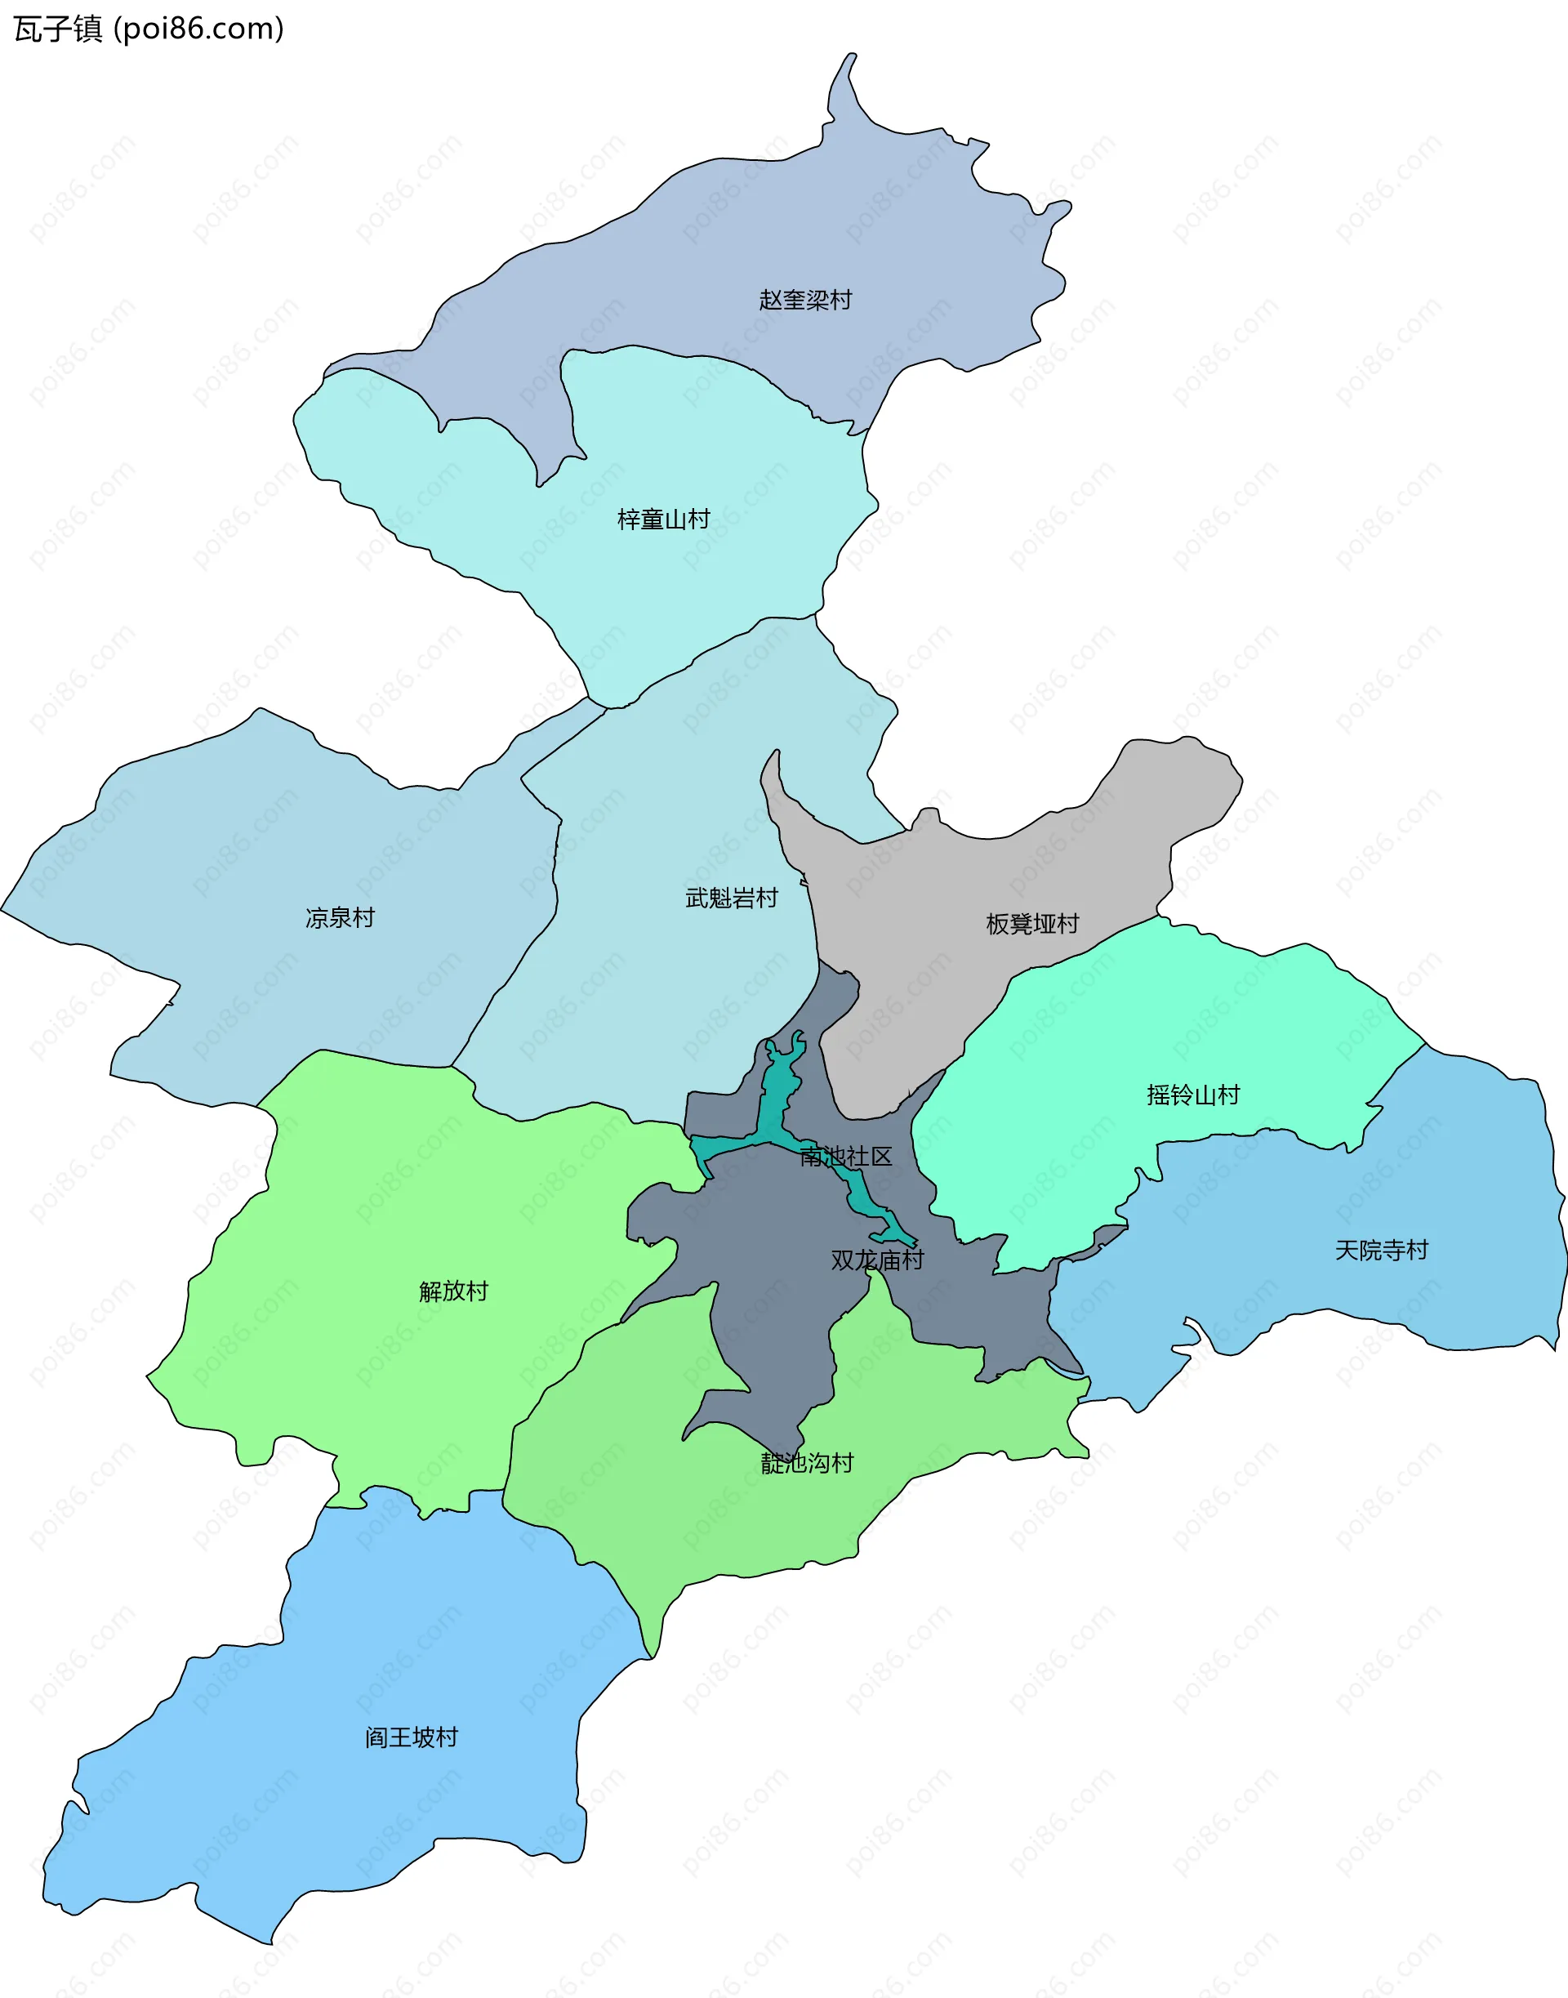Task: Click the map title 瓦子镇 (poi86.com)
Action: (149, 29)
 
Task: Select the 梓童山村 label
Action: (663, 520)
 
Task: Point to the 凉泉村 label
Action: (340, 917)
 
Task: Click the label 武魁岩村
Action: (731, 898)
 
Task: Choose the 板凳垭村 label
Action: (1032, 924)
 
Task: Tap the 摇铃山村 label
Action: (1192, 1095)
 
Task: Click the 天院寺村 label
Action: (1381, 1250)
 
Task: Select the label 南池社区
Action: (845, 1157)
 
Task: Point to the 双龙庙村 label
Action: (877, 1260)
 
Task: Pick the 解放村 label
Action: (452, 1291)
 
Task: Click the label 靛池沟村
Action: (807, 1463)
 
